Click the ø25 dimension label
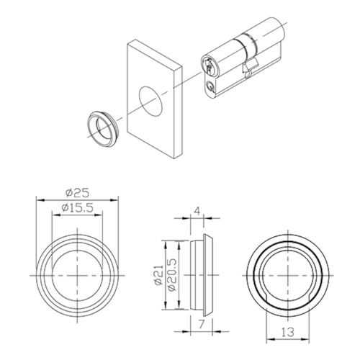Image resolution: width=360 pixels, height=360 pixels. pyautogui.click(x=77, y=193)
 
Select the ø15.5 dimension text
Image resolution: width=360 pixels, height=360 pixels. pyautogui.click(x=77, y=208)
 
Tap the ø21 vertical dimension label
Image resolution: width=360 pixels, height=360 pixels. pyautogui.click(x=159, y=275)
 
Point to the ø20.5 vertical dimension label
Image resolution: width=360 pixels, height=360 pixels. pyautogui.click(x=172, y=275)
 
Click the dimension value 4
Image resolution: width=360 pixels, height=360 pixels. pyautogui.click(x=197, y=212)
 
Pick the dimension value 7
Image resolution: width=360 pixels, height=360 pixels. pyautogui.click(x=201, y=325)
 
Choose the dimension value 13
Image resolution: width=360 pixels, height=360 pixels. pyautogui.click(x=288, y=332)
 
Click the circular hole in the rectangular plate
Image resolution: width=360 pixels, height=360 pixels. pyautogui.click(x=150, y=102)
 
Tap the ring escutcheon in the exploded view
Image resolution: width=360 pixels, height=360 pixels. pyautogui.click(x=102, y=129)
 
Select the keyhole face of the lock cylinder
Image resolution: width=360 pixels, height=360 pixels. pyautogui.click(x=208, y=64)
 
